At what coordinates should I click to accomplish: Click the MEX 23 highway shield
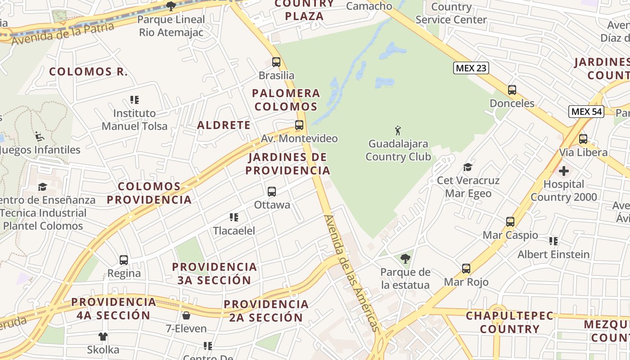(471, 68)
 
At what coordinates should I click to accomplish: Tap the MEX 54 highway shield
(586, 112)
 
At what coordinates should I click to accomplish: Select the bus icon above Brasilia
(276, 62)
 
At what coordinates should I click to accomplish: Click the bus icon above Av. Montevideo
(299, 125)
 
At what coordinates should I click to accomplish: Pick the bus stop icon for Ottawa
(272, 192)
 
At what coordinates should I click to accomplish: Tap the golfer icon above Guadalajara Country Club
(398, 131)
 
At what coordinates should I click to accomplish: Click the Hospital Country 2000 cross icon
(563, 171)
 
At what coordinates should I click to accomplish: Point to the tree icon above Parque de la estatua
(405, 258)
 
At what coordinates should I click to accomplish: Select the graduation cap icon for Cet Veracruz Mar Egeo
(468, 167)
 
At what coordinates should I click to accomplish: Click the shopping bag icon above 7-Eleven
(186, 315)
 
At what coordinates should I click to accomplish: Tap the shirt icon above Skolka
(103, 336)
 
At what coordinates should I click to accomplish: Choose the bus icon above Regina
(124, 260)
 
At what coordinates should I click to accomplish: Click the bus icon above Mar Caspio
(510, 222)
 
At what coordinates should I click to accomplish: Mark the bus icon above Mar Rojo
(466, 269)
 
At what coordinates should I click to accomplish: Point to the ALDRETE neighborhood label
(224, 125)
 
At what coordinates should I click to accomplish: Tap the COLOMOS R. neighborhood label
(88, 72)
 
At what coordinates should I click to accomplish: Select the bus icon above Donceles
(512, 90)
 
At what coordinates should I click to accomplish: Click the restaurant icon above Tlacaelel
(234, 218)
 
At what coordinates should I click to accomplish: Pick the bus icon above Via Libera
(583, 139)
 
